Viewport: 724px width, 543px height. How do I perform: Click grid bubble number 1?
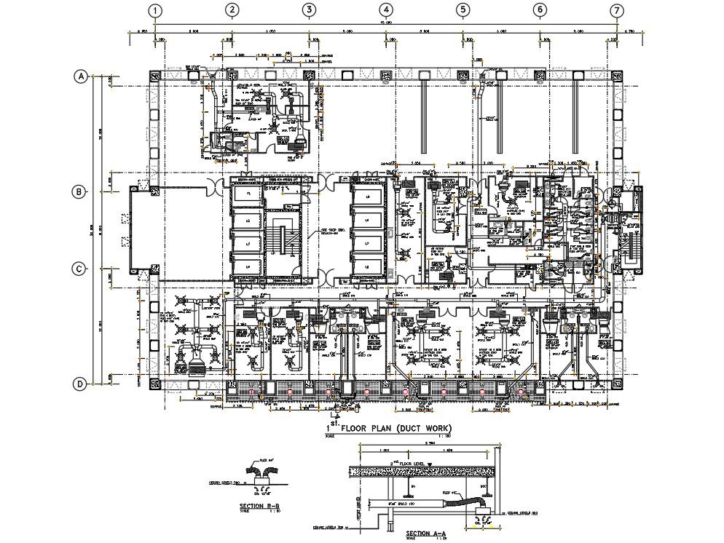pos(154,10)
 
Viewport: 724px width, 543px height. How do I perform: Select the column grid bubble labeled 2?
pos(232,10)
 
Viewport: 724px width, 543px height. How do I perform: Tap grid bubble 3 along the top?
pos(309,10)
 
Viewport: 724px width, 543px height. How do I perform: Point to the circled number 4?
pos(386,10)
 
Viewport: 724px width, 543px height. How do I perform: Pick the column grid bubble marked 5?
pos(463,10)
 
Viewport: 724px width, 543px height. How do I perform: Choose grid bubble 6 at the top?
pos(540,10)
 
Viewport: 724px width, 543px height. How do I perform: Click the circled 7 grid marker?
pos(617,10)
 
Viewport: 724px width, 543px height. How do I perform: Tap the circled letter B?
pos(79,192)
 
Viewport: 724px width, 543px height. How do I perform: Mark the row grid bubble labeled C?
pos(79,269)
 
